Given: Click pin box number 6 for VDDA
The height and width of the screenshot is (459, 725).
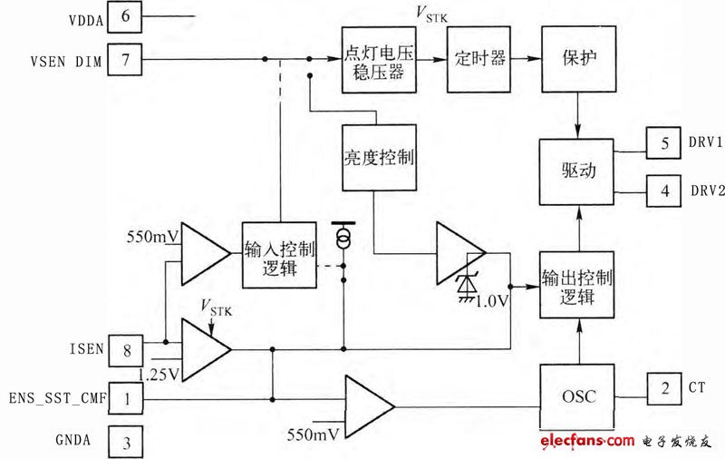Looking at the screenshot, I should [x=126, y=17].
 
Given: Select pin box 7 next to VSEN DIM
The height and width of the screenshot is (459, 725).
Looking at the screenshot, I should [x=126, y=61].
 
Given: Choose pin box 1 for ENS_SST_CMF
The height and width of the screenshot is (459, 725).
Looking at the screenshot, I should [x=126, y=396].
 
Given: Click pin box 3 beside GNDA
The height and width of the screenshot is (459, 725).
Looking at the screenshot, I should [x=126, y=443].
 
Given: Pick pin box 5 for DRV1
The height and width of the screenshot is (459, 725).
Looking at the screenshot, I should [x=664, y=143].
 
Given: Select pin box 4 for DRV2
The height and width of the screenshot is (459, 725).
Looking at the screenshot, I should [x=664, y=191].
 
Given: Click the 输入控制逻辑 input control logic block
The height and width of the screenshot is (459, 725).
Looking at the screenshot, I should [x=279, y=255].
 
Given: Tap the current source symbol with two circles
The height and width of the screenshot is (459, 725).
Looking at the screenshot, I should [x=343, y=237].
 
